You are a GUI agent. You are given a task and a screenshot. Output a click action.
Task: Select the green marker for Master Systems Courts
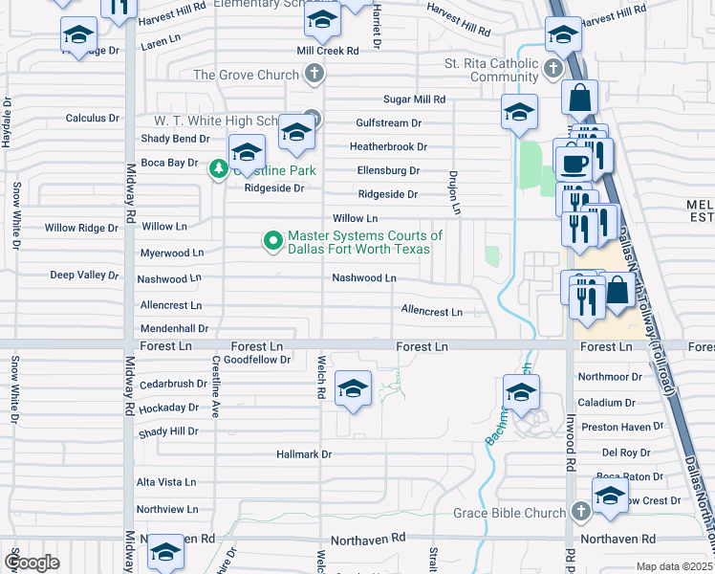tap(272, 241)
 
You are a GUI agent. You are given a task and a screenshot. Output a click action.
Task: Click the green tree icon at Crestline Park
tap(219, 169)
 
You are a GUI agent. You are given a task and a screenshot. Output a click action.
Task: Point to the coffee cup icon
tap(574, 162)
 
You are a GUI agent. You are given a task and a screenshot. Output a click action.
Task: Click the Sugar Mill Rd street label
tap(414, 99)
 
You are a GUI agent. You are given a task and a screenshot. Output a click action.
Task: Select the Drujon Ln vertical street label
tap(456, 191)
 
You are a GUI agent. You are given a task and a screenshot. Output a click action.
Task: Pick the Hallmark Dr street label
tap(303, 454)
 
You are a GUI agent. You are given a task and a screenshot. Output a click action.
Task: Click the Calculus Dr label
tap(92, 118)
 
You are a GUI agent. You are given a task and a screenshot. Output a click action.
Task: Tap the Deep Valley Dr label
tap(84, 275)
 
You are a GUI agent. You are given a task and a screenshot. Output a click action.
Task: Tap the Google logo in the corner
tap(32, 562)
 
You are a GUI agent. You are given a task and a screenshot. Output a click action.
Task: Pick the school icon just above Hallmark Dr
tap(354, 388)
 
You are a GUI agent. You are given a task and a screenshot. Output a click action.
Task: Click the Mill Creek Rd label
tap(327, 50)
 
